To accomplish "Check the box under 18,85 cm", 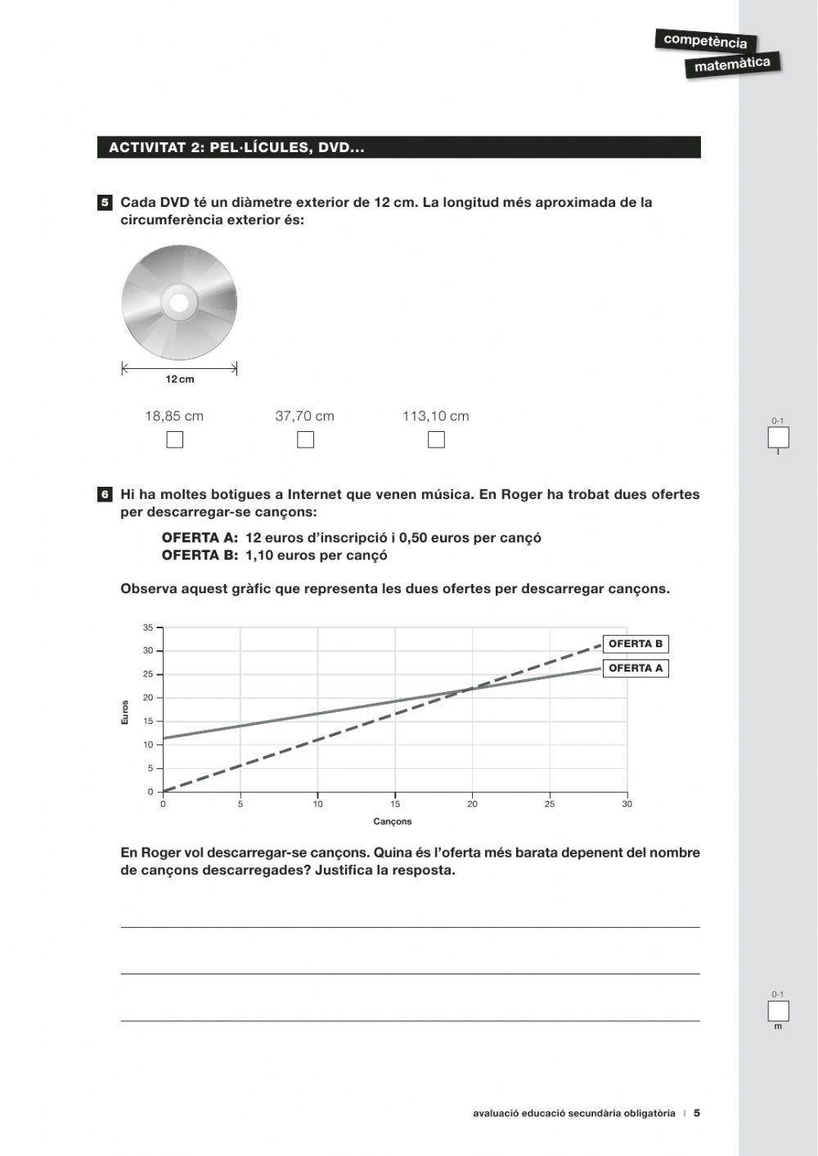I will [174, 440].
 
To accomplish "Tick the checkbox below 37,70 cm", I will [305, 440].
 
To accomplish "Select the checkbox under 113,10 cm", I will [436, 440].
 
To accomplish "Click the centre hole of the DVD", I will [179, 304].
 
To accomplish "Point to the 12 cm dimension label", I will [180, 380].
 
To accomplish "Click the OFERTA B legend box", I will [636, 644].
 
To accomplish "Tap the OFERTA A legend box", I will [636, 668].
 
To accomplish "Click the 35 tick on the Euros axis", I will [148, 627].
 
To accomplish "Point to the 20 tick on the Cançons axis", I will [472, 804].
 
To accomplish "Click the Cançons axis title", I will [393, 821].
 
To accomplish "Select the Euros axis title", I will [125, 712].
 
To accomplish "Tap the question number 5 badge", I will [105, 202].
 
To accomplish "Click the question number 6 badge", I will [105, 494].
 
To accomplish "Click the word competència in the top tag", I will [705, 41].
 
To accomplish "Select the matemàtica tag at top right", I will [732, 64].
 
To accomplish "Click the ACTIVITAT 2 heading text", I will [236, 148].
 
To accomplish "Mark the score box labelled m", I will [778, 1011].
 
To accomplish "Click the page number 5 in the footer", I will [697, 1113].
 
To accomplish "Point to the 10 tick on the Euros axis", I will [148, 744].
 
